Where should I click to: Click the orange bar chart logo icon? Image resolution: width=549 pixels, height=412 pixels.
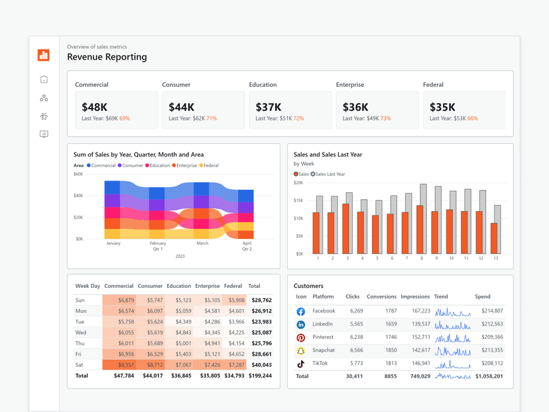[x=44, y=55]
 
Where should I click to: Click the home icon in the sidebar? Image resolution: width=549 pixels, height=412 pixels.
[x=44, y=80]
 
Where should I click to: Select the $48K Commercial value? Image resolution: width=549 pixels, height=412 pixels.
[x=94, y=107]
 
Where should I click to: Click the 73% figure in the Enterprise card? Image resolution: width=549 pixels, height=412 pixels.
[x=385, y=119]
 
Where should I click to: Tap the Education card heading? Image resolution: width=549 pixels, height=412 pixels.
[x=263, y=85]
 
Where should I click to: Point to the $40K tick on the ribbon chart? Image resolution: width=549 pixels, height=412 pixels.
[x=78, y=196]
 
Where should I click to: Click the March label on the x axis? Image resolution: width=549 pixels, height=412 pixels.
[x=202, y=243]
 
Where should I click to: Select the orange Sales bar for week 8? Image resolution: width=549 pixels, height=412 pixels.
[x=420, y=230]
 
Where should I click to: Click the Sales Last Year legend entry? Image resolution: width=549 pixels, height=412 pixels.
[x=328, y=174]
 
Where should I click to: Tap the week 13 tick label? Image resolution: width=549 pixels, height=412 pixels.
[x=496, y=259]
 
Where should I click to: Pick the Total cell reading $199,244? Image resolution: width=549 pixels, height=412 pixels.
[x=259, y=376]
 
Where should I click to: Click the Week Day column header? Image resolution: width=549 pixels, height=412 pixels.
[x=88, y=286]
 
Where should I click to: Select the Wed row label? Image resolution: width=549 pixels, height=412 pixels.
[x=80, y=332]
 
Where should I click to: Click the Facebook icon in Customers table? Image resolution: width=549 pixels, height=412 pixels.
[x=300, y=311]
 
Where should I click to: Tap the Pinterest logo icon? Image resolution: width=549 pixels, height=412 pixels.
[x=300, y=338]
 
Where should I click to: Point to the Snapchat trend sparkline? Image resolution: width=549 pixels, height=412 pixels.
[x=453, y=350]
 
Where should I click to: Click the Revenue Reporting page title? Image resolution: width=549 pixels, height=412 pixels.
[x=107, y=57]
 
